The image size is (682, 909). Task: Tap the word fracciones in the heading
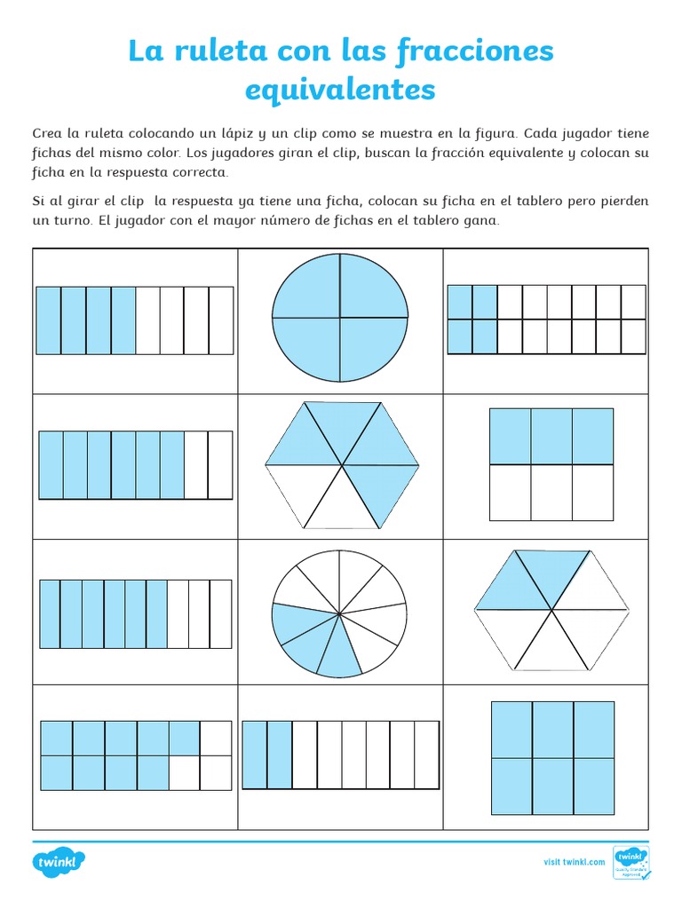(470, 51)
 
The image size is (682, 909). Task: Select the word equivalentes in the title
(340, 89)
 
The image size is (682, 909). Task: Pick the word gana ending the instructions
(482, 220)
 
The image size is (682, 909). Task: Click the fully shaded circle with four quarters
(340, 317)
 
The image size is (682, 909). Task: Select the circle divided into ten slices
(340, 613)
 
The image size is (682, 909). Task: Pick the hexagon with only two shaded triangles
(552, 610)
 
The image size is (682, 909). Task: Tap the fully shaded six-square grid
(552, 757)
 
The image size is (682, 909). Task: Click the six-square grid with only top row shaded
(551, 463)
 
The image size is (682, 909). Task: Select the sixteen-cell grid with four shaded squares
(546, 319)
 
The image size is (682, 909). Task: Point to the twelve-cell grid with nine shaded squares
(136, 755)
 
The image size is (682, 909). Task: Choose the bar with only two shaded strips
(341, 755)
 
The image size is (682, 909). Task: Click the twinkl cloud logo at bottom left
(59, 862)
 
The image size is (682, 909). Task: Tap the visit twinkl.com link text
(574, 862)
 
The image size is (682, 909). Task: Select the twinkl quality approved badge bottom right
(631, 862)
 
